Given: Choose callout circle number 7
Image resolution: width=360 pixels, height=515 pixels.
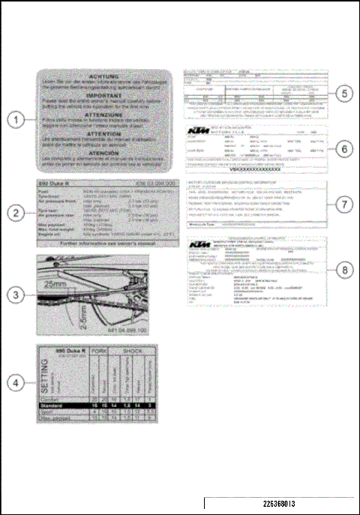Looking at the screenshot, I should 343,204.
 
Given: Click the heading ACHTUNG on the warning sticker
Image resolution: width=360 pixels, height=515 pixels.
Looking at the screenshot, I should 105,76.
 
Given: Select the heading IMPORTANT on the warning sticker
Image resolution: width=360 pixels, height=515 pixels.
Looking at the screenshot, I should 105,95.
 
